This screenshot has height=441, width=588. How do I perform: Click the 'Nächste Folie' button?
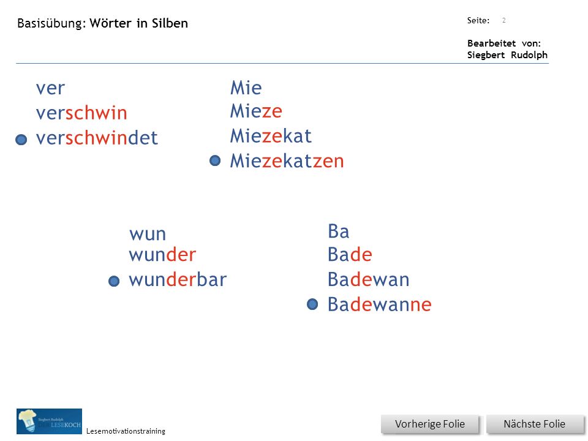point(534,424)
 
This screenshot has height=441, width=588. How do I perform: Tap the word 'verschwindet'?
point(97,138)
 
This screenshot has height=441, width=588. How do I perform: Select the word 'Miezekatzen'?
point(287,161)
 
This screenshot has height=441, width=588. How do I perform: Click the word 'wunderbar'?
point(178,280)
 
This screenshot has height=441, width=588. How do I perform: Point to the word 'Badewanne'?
point(380,304)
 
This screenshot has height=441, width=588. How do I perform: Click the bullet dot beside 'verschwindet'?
point(21,140)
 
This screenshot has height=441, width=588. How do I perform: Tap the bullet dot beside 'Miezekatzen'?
point(215,161)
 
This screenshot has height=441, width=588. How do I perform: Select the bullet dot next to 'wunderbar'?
point(114,281)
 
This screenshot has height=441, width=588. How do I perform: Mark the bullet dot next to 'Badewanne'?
point(312,304)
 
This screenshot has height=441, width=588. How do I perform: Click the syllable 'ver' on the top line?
point(50,89)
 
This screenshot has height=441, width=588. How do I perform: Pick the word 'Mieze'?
point(256,111)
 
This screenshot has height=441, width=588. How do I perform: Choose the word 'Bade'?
point(350,255)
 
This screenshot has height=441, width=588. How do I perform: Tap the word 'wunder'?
point(162,255)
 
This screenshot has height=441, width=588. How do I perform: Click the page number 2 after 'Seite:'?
point(504,21)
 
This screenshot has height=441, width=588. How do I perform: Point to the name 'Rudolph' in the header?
point(529,55)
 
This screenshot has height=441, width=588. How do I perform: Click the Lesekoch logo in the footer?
point(49,421)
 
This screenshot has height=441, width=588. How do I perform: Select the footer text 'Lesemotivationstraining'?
point(126,431)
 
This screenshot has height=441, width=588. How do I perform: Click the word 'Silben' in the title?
point(170,23)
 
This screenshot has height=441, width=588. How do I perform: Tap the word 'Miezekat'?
point(271,136)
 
